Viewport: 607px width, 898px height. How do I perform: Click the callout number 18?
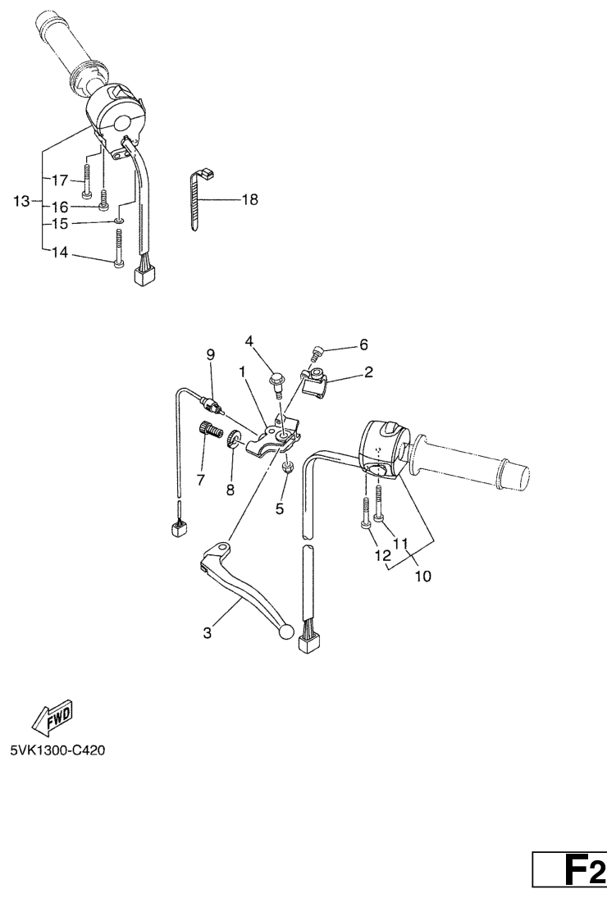[x=250, y=200]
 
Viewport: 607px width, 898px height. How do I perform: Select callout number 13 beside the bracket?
[x=21, y=201]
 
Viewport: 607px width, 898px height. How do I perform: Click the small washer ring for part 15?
[x=118, y=221]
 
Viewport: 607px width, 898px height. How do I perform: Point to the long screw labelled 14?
[x=119, y=248]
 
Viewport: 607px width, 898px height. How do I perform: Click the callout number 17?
[x=60, y=180]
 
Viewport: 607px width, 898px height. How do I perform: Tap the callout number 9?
[x=210, y=354]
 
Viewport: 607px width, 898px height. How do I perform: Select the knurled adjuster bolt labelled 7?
[x=210, y=429]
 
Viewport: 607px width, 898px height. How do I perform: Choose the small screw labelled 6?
[x=316, y=353]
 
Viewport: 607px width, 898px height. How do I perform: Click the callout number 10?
[x=422, y=576]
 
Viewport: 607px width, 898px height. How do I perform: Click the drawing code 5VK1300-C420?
[x=57, y=750]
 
